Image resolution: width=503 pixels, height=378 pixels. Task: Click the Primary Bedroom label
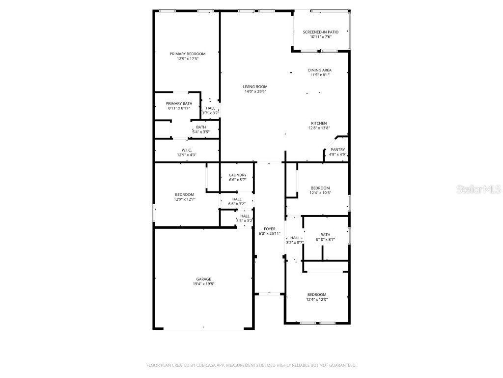(188, 54)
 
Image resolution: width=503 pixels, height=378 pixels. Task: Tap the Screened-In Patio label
(320, 32)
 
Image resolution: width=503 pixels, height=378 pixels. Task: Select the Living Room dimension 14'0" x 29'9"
(255, 91)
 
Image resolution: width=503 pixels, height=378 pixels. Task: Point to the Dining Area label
(320, 70)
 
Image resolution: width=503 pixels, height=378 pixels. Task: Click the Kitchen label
(319, 123)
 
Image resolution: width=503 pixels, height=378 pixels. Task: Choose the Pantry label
(337, 150)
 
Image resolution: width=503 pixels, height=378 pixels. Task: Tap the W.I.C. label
(186, 150)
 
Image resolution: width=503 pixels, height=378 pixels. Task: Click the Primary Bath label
(179, 103)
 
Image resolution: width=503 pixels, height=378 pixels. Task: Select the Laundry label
(237, 175)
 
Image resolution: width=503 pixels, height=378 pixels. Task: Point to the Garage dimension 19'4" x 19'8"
(203, 283)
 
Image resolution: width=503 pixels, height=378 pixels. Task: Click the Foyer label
(270, 229)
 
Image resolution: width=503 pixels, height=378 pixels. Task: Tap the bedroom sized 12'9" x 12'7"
(184, 194)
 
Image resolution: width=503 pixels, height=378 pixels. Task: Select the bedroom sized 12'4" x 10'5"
(320, 188)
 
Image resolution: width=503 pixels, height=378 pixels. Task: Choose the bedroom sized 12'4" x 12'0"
(317, 294)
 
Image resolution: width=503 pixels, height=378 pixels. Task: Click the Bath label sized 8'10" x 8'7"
(325, 235)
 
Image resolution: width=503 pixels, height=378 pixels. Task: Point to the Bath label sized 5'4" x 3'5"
(201, 127)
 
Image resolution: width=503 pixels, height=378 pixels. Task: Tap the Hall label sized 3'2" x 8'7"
(295, 238)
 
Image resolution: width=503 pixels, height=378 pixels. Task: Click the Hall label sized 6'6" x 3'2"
(237, 199)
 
